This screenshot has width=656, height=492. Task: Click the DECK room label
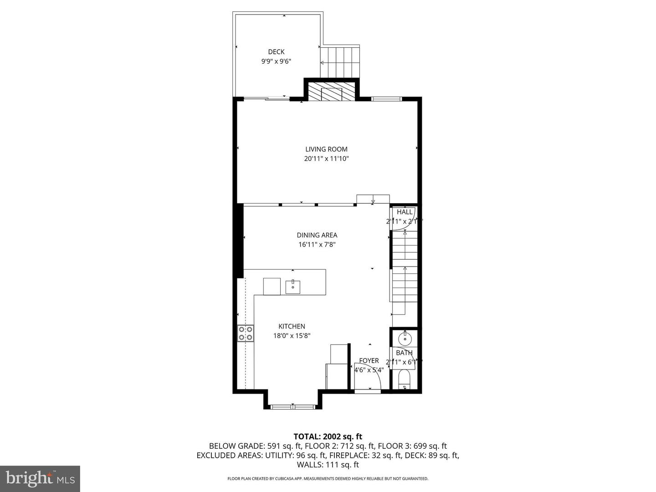click(276, 52)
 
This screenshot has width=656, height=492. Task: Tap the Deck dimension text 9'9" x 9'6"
click(276, 61)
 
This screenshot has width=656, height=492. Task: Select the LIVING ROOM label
click(326, 149)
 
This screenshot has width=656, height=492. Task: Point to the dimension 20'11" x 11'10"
click(326, 159)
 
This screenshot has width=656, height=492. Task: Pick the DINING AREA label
click(317, 235)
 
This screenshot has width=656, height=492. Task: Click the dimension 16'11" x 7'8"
click(317, 245)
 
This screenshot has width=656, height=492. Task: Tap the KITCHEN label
click(292, 326)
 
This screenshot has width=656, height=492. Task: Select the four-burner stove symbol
click(246, 333)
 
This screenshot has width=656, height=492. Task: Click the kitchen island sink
click(292, 287)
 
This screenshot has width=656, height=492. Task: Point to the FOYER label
click(369, 361)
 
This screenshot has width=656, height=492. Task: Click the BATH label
click(404, 353)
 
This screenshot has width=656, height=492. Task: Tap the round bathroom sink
click(404, 338)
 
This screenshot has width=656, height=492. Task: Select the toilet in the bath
click(404, 379)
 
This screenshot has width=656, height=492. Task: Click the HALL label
click(405, 212)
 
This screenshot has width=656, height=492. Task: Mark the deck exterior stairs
click(340, 62)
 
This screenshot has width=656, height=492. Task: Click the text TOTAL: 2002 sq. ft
click(328, 436)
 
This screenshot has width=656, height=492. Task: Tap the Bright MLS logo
click(40, 478)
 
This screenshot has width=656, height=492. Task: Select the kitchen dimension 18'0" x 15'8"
click(292, 336)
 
